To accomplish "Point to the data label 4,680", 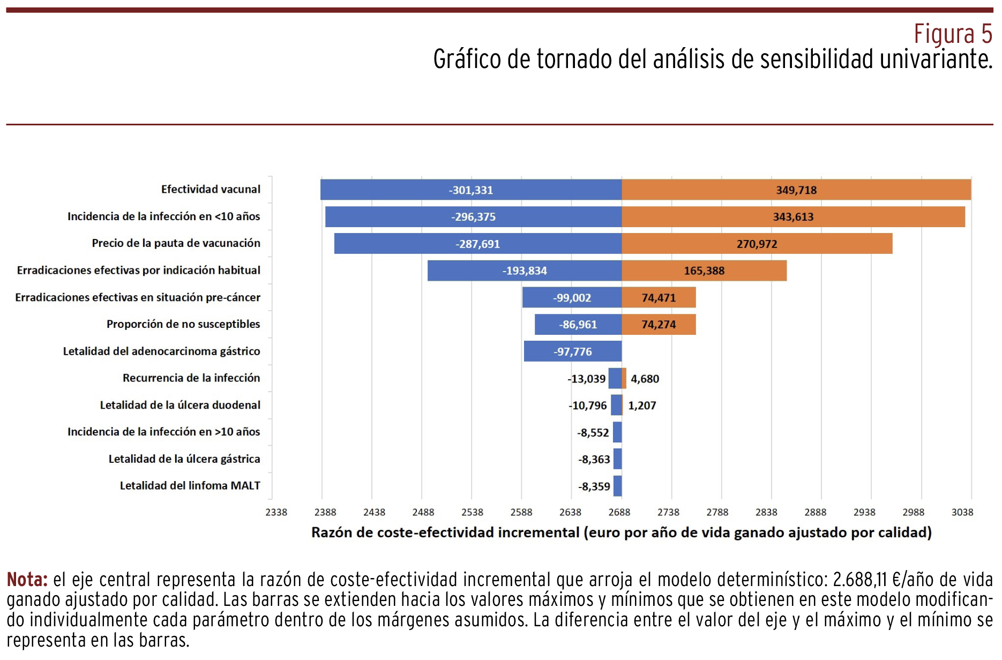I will (x=645, y=379).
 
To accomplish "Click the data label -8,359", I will (x=594, y=486).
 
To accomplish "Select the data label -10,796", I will (x=588, y=406).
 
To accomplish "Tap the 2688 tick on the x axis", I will (x=619, y=512).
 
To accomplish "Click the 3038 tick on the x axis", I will (x=962, y=512).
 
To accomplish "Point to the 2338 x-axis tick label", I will (x=276, y=512).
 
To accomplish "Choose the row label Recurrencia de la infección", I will (x=191, y=378).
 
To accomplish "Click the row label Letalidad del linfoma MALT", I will (x=190, y=485).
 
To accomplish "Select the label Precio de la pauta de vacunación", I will (x=176, y=243).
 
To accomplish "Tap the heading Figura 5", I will (x=952, y=34).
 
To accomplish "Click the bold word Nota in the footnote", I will (x=27, y=580).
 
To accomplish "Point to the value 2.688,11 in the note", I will (x=859, y=580).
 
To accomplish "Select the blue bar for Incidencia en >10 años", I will (x=617, y=432).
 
